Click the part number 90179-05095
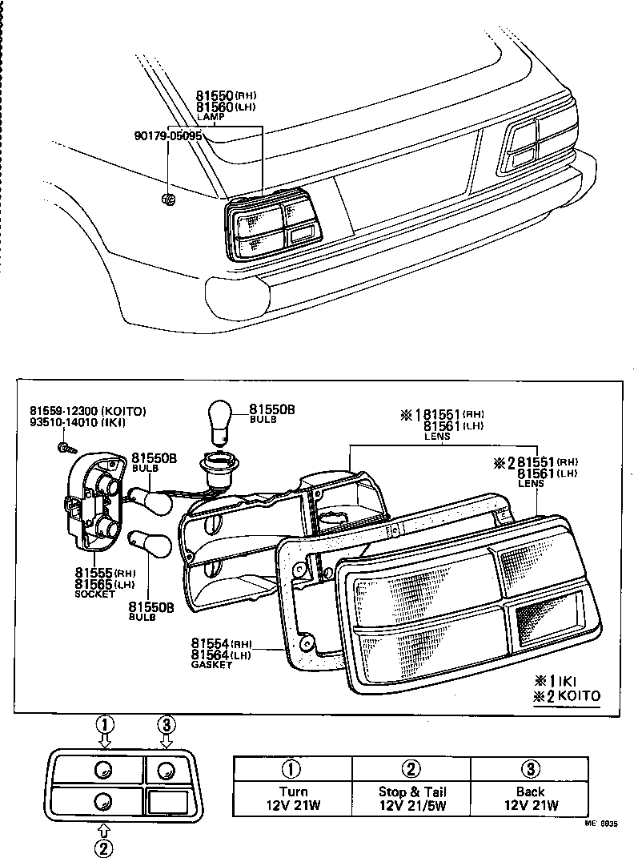pyautogui.click(x=167, y=135)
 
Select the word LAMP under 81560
pyautogui.click(x=210, y=117)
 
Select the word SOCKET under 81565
pyautogui.click(x=94, y=594)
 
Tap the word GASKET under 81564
pyautogui.click(x=211, y=665)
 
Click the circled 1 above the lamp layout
pyautogui.click(x=104, y=725)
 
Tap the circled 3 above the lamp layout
pyautogui.click(x=166, y=725)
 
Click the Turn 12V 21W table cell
pyautogui.click(x=292, y=787)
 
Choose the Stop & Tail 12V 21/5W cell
pyautogui.click(x=411, y=787)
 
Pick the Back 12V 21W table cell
pyautogui.click(x=530, y=787)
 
